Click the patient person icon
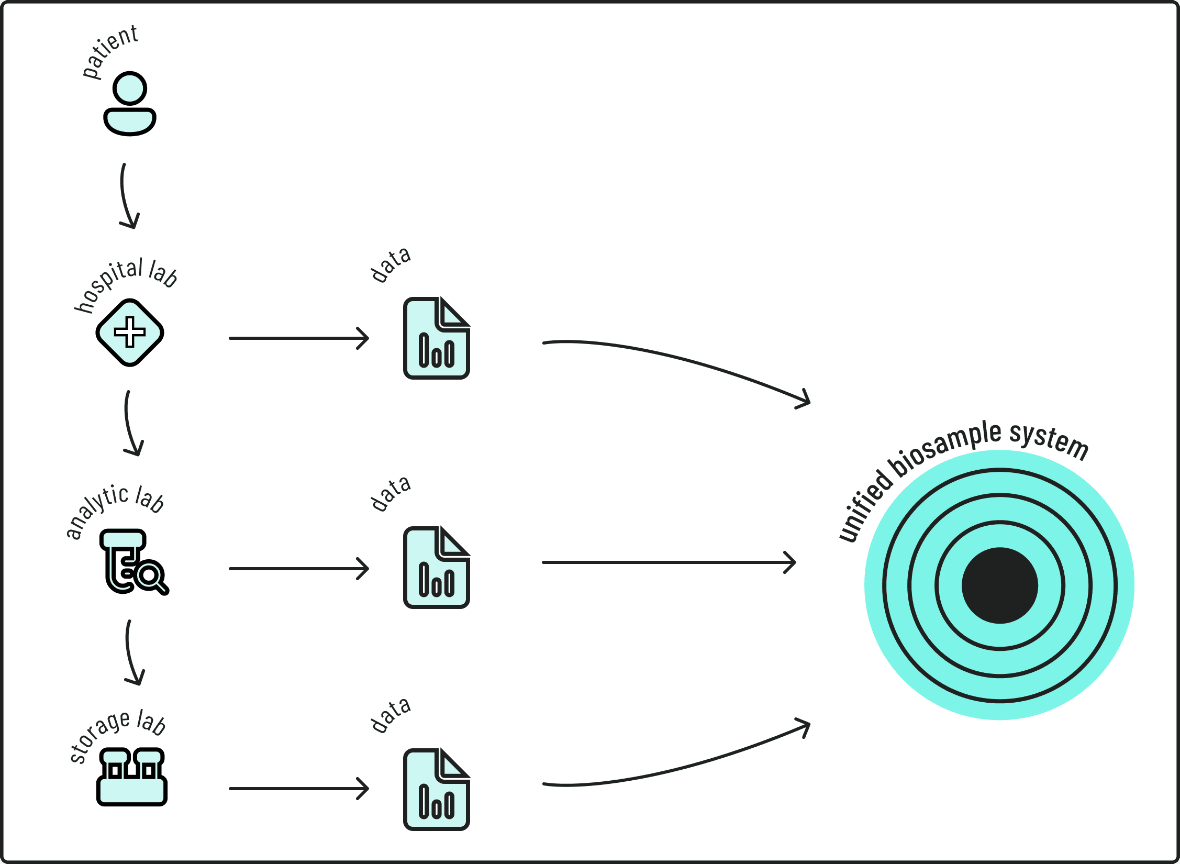pos(130,104)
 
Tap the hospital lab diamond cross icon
pos(130,333)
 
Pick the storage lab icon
pos(132,777)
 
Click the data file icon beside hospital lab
pos(436,338)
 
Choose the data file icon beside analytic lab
pos(436,568)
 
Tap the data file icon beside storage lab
pos(436,790)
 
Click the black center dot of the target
pos(999,585)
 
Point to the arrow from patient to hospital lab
pos(126,196)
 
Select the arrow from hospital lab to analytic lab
pos(130,423)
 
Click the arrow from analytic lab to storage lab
pos(131,652)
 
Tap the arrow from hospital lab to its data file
pos(298,338)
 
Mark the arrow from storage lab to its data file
pos(298,789)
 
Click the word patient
pos(110,51)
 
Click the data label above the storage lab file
pos(390,715)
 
